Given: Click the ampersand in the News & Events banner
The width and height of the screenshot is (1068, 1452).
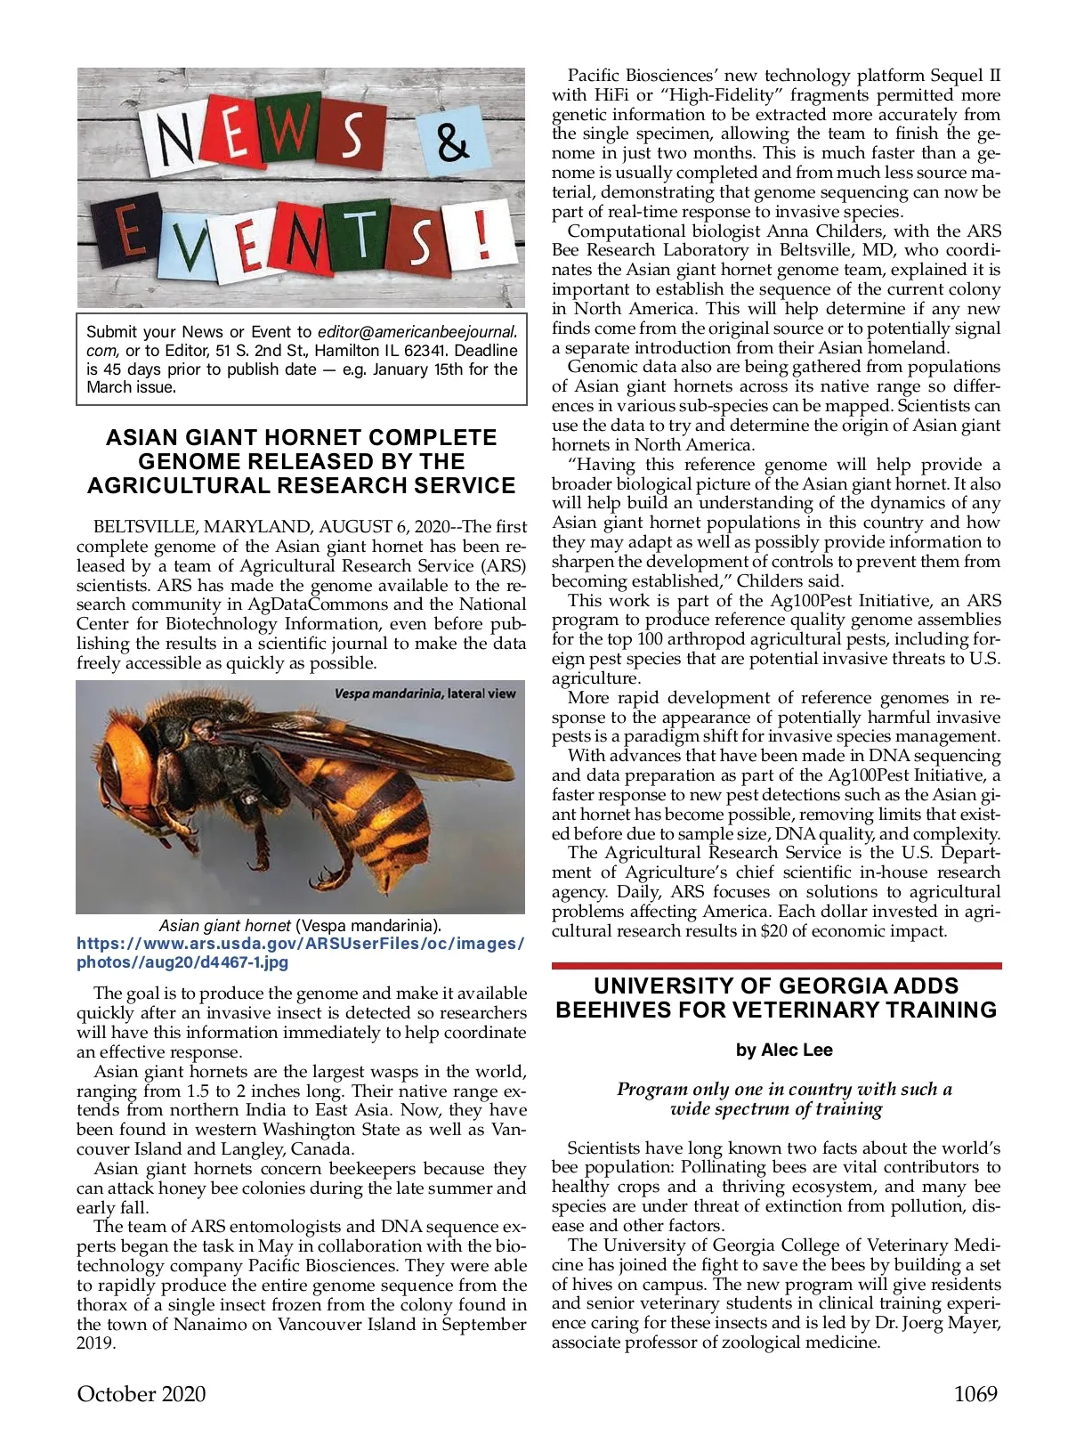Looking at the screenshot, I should (x=453, y=141).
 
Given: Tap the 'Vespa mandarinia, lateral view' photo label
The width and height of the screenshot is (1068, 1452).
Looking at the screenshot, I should (x=425, y=694).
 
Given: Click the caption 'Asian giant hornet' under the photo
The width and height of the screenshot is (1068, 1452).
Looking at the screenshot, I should (x=224, y=926).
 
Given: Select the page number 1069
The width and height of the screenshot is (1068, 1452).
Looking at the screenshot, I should (x=975, y=1394).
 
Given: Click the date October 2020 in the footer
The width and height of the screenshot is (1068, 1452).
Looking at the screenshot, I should (x=142, y=1394).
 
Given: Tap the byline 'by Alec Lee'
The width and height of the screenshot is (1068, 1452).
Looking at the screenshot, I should (x=784, y=1050).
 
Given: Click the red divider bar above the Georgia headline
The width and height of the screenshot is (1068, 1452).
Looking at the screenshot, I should (x=776, y=965).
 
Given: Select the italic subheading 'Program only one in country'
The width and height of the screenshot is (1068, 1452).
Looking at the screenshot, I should (x=784, y=1090).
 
